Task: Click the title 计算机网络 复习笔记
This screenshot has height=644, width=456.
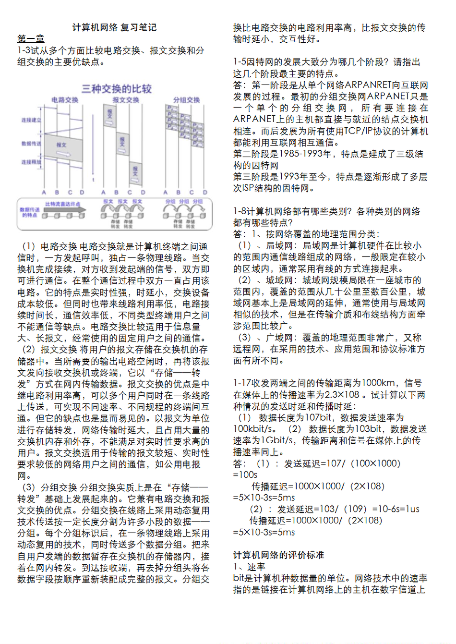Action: (114, 27)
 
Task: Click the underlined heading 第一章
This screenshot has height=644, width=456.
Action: (31, 39)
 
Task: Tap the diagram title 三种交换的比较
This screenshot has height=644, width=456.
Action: (116, 89)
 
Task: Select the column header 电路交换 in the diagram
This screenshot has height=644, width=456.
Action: (65, 100)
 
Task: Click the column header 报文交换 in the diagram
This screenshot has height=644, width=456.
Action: (126, 100)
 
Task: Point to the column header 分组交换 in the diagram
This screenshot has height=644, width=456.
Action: (186, 100)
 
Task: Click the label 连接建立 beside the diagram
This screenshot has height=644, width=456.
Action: (31, 120)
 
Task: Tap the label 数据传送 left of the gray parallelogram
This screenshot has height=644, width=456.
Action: (31, 144)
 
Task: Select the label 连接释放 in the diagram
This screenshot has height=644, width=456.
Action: (31, 162)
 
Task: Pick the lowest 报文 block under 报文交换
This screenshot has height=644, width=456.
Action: (135, 171)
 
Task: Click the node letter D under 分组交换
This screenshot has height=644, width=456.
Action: (205, 192)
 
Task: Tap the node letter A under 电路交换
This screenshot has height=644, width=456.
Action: (44, 192)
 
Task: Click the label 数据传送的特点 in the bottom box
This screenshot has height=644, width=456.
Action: (30, 212)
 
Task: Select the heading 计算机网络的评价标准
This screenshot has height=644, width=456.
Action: (278, 555)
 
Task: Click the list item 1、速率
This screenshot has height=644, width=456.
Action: (249, 567)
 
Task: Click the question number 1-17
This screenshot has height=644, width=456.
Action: (243, 383)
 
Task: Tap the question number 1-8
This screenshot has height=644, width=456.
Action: (241, 211)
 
